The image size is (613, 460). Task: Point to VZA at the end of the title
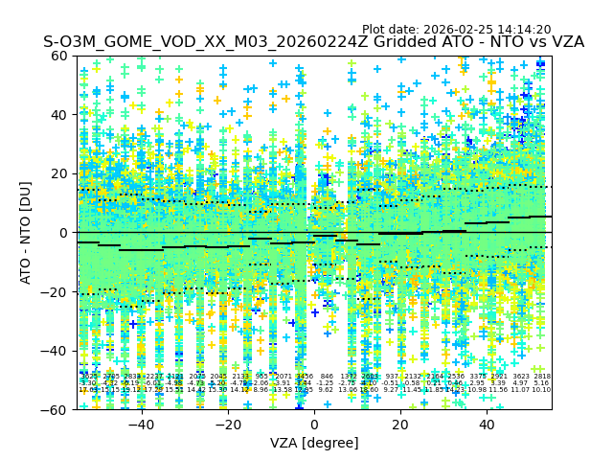(x=563, y=42)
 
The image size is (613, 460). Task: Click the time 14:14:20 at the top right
(x=523, y=30)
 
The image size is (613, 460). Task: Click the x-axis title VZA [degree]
(x=314, y=443)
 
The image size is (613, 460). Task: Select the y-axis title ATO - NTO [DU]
(x=26, y=232)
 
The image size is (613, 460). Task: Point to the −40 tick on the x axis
(x=141, y=425)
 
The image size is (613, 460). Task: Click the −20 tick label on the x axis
(x=227, y=425)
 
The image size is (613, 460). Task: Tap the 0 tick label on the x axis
(x=314, y=425)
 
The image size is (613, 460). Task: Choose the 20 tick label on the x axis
(x=400, y=425)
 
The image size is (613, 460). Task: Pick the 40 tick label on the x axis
(x=487, y=425)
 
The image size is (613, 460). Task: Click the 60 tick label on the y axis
(x=60, y=56)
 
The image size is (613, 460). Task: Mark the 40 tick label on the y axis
(x=60, y=115)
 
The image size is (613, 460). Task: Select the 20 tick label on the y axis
(x=60, y=173)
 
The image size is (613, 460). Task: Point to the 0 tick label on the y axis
(x=64, y=233)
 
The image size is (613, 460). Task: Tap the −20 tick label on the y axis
(x=57, y=291)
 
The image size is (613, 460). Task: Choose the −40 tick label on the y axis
(x=57, y=351)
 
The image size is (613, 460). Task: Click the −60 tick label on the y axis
(x=57, y=409)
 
